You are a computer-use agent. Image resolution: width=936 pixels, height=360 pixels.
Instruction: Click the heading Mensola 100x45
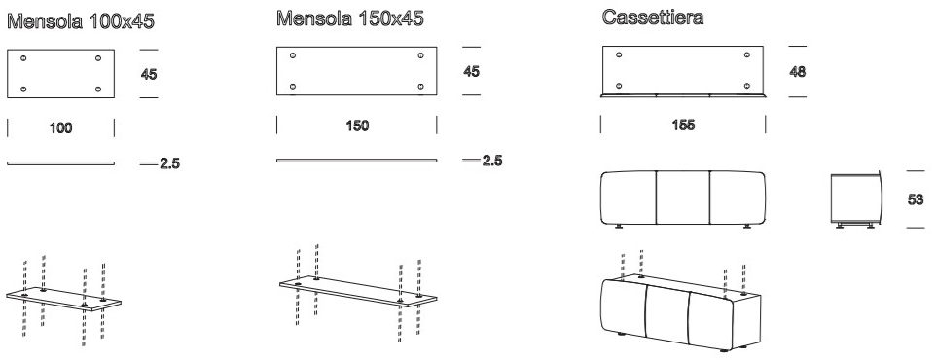tap(81, 21)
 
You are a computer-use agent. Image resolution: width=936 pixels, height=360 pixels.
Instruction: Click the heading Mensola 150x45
tap(350, 18)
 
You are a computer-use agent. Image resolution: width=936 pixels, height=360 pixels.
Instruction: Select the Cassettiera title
tap(653, 18)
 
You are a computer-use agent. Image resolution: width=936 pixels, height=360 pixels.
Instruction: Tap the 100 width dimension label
tap(61, 127)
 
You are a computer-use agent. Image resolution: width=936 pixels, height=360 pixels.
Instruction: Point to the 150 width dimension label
tap(357, 126)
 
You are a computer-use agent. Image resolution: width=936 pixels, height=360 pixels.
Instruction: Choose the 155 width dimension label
tap(683, 126)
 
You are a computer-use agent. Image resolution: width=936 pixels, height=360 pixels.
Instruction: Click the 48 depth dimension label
tap(798, 72)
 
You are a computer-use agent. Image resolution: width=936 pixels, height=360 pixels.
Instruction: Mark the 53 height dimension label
tap(916, 199)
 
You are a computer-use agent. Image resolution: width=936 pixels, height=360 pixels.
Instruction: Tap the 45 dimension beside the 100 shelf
tap(149, 75)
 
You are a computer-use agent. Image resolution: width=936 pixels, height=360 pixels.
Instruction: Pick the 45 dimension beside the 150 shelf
tap(472, 72)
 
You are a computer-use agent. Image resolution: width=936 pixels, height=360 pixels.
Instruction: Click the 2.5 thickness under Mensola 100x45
tap(169, 163)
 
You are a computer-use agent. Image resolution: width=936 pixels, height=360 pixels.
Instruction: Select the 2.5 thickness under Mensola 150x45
tap(492, 161)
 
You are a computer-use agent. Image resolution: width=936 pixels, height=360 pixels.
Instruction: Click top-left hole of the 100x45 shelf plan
tap(23, 58)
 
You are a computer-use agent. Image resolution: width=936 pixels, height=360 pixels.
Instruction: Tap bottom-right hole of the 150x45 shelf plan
tap(421, 87)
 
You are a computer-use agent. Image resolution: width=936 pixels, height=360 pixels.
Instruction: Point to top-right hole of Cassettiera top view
tap(747, 54)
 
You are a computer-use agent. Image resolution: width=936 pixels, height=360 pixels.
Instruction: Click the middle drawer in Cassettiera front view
tap(683, 198)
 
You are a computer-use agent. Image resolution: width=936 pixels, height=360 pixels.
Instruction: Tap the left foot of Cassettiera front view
tap(619, 227)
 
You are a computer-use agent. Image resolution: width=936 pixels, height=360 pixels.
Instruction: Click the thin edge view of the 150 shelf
tap(356, 161)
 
